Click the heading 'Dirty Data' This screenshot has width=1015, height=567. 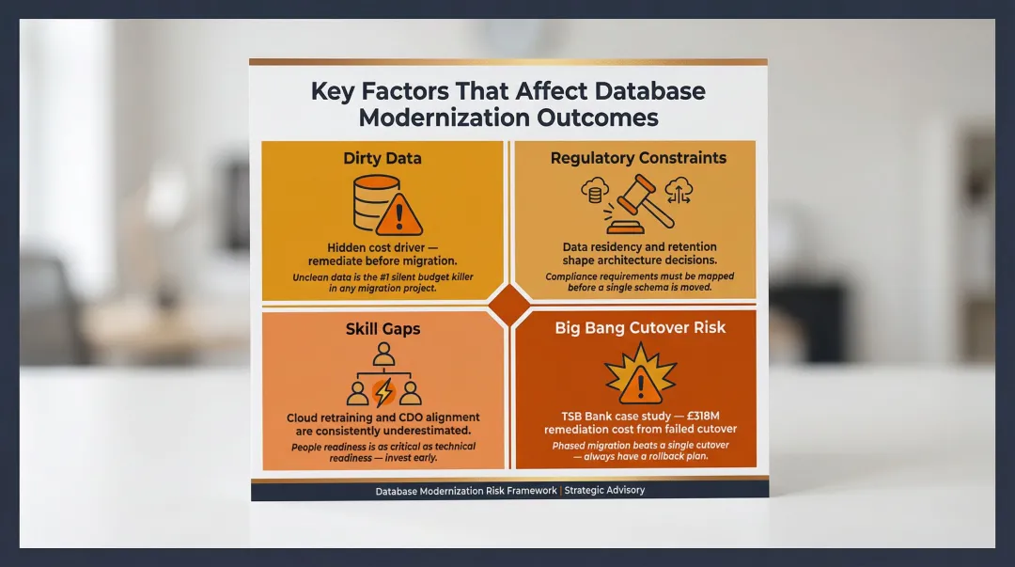382,158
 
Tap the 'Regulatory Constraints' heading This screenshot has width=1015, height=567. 638,158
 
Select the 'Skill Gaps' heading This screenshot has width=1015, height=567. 382,329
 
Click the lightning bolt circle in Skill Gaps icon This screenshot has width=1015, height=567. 383,391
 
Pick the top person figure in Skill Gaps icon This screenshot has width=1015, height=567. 383,354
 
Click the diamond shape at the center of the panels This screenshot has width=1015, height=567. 508,307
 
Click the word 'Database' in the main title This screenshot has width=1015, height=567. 642,92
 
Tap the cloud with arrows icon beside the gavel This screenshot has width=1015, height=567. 679,192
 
